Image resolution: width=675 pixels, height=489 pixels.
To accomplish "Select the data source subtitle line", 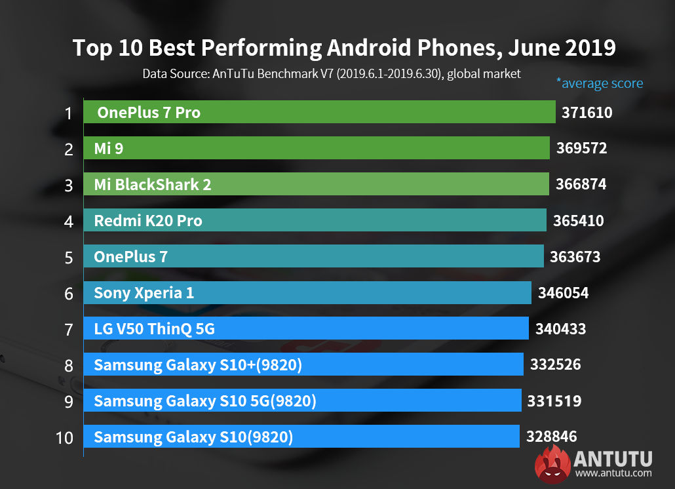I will (332, 73).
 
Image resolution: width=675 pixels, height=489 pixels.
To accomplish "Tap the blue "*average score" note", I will (599, 83).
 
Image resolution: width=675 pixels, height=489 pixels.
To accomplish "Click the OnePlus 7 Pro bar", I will (319, 112).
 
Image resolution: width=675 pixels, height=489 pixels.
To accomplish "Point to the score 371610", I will (587, 113).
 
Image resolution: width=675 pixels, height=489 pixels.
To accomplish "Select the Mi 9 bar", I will (316, 148).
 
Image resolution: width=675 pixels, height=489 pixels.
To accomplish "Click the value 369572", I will (581, 149).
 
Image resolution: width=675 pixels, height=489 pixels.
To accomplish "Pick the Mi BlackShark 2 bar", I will (316, 184).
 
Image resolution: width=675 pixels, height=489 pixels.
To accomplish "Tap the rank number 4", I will (68, 221).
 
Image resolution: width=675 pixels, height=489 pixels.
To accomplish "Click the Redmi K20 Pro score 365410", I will (578, 221).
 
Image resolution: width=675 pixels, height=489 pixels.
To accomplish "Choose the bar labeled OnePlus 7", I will (313, 256).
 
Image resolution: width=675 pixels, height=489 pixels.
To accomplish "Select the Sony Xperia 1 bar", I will (307, 292).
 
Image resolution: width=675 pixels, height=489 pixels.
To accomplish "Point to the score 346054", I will (563, 293).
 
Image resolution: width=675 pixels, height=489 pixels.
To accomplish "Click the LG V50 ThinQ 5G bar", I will (305, 328).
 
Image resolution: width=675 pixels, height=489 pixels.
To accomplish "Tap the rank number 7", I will (68, 329).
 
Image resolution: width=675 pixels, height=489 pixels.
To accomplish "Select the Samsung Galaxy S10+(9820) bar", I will (303, 364).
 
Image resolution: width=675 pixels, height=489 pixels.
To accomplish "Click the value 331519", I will (554, 401).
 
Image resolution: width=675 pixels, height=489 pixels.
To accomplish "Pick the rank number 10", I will (65, 437).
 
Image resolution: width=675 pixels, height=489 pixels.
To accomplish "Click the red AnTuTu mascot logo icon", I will (552, 463).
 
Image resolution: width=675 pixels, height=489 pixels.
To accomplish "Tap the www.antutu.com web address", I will (613, 473).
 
